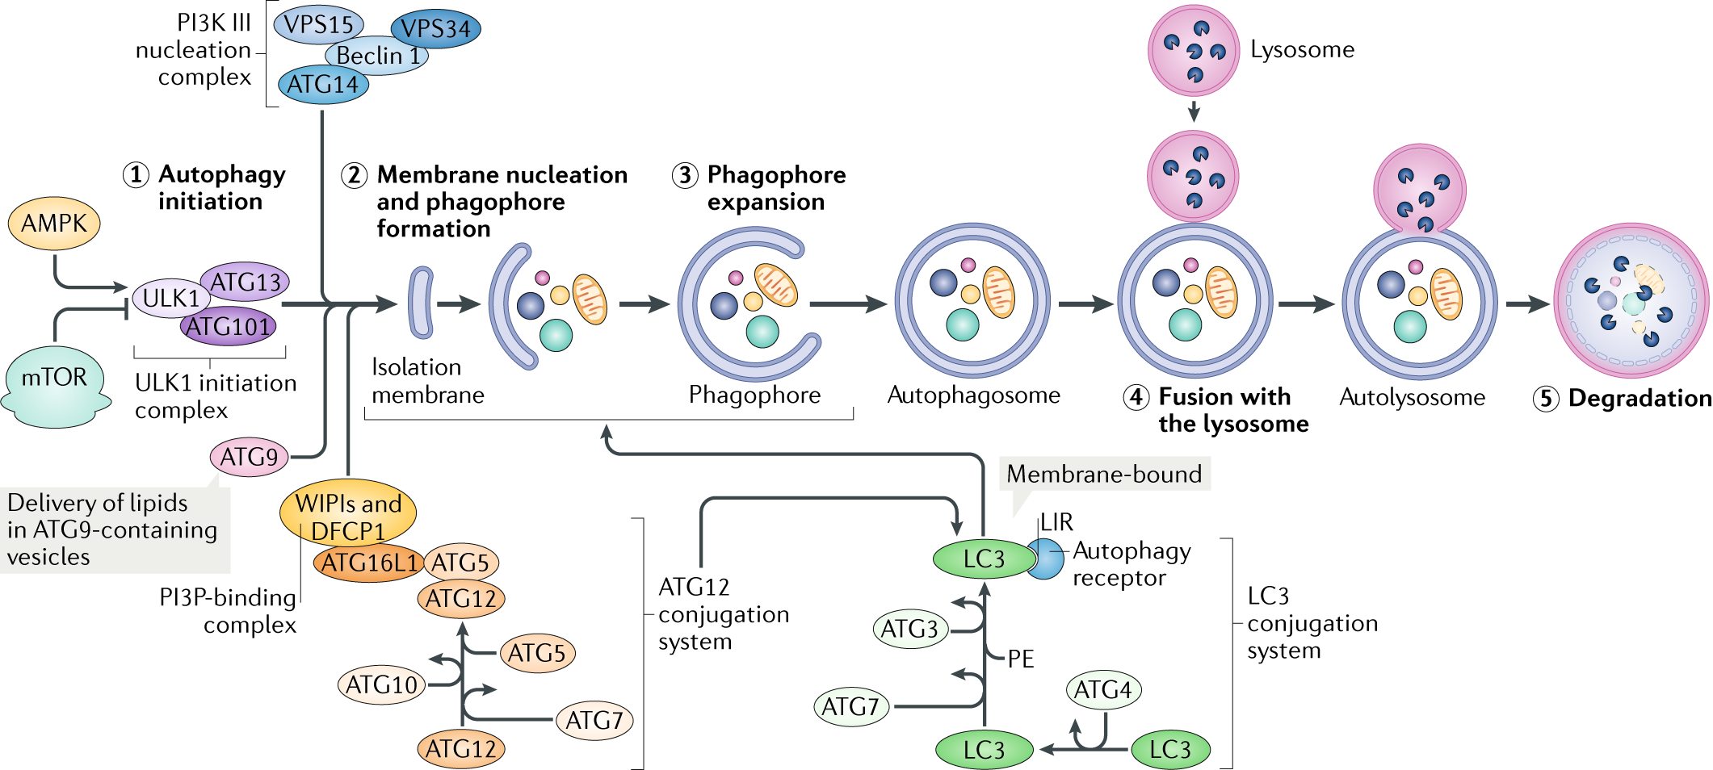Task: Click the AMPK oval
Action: point(54,224)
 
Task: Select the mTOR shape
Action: point(55,383)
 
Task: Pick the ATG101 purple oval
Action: point(228,327)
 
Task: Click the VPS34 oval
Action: point(436,29)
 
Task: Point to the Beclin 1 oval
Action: point(378,56)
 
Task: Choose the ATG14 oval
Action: point(322,84)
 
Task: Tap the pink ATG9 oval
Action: point(249,457)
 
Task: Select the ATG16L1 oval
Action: point(369,563)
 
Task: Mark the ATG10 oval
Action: point(381,685)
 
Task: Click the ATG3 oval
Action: point(909,629)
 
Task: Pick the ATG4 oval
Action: point(1103,690)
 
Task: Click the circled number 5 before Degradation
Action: point(1546,399)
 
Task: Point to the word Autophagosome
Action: point(973,395)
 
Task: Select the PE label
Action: point(1021,659)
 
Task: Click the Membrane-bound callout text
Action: point(1104,474)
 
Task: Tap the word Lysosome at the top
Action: point(1302,50)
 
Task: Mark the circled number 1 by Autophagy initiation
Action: point(136,174)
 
